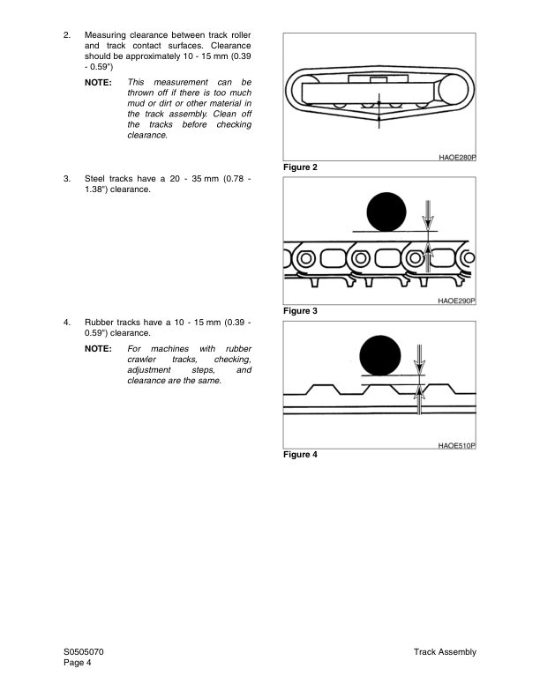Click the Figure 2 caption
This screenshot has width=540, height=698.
300,167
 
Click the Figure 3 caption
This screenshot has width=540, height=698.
300,311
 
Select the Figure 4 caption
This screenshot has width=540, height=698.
300,455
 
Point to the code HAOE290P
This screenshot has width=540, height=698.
456,301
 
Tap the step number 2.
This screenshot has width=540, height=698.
67,35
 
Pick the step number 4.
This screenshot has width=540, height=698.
67,323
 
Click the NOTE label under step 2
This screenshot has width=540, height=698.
98,82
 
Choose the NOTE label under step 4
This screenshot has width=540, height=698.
98,349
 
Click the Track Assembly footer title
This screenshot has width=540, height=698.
444,652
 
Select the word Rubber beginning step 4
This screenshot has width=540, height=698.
100,323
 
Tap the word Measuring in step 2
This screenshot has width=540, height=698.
106,35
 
